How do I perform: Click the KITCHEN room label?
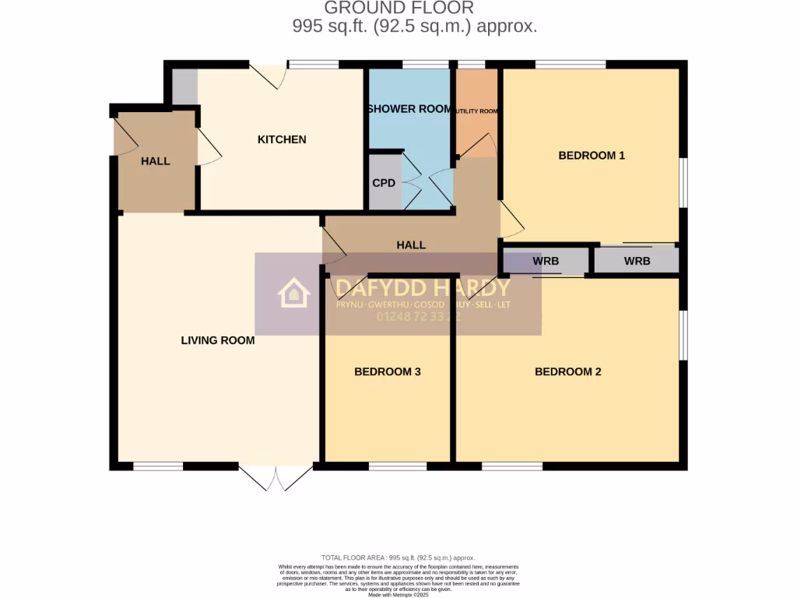click(282, 140)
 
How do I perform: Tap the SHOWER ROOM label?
click(409, 109)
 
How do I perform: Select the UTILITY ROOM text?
click(476, 111)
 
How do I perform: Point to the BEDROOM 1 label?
click(592, 156)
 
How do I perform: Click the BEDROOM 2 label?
click(568, 372)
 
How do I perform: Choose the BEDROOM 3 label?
click(388, 372)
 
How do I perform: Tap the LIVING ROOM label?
click(218, 340)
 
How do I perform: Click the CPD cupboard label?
click(384, 183)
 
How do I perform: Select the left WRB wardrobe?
click(546, 262)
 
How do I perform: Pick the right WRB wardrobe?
click(637, 262)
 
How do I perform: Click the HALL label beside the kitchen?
click(156, 161)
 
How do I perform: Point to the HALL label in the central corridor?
click(411, 245)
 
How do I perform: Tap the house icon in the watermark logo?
click(294, 294)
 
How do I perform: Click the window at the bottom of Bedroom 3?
click(398, 466)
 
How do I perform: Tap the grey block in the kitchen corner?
click(184, 86)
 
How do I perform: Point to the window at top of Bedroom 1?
click(571, 65)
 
